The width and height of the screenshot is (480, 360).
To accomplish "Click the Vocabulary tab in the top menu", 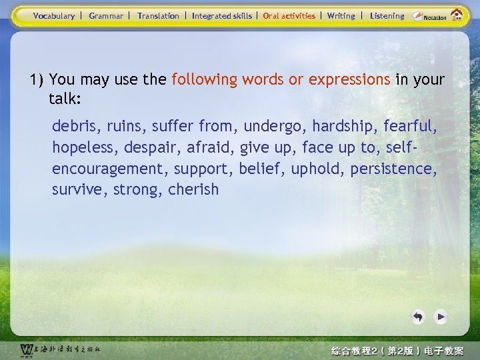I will coord(54,16).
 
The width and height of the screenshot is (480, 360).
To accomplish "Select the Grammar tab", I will coord(106,16).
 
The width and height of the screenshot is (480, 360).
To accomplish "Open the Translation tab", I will coord(158,16).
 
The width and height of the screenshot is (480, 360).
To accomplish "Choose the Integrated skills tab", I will coord(222,16).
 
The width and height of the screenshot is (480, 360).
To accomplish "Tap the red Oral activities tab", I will coord(289,16).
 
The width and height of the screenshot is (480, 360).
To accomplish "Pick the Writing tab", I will coord(341,16).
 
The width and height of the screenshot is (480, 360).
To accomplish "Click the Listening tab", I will coord(387,16).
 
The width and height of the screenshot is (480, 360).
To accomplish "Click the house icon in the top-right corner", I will coord(457,15).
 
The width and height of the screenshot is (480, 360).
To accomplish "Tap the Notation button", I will coord(428,17).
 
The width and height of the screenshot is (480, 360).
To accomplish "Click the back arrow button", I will coord(418,317).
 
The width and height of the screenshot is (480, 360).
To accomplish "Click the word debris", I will coord(73,125).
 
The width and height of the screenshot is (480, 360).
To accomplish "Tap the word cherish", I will coord(193,189).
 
